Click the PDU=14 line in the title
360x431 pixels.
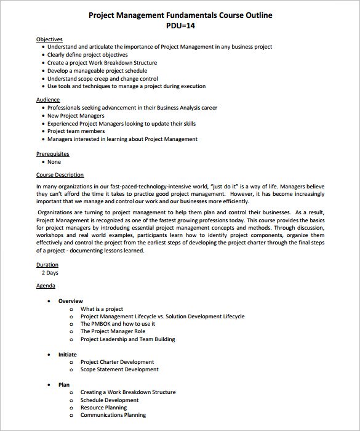tap(180, 26)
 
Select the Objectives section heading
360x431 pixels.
tap(49, 39)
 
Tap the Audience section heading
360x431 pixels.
tap(47, 100)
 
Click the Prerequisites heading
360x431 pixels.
tap(52, 153)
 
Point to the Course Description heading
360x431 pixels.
tap(60, 175)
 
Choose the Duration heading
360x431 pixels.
tap(47, 265)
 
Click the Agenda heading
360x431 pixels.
tap(46, 286)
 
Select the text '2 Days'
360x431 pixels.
tap(51, 272)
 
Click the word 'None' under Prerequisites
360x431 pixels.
tap(54, 162)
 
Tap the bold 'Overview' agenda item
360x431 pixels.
tap(70, 301)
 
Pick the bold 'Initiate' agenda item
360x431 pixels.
tap(68, 355)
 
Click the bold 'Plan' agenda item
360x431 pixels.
tap(64, 384)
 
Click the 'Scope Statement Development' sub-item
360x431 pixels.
tap(119, 369)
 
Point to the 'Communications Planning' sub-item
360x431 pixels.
tap(113, 415)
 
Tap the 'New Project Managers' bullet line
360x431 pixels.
tap(76, 116)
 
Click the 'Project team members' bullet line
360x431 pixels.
tap(76, 131)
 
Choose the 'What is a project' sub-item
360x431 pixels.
tap(102, 309)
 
